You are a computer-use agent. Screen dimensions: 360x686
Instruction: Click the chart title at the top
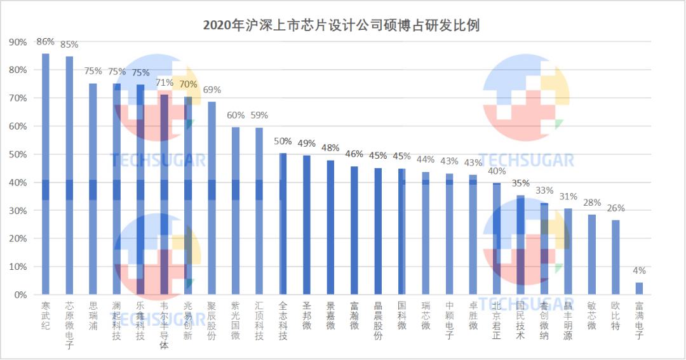[341, 25]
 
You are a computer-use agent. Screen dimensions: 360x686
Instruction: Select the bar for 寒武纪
[46, 175]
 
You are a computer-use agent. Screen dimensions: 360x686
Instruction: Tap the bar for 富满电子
[639, 289]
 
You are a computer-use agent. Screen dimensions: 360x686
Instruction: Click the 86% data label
[46, 42]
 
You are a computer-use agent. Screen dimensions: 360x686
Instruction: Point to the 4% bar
[639, 289]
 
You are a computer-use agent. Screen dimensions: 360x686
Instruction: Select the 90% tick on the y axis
[18, 42]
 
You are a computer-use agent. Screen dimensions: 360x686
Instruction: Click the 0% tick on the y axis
[20, 295]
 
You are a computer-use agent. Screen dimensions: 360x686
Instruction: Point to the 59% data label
[259, 116]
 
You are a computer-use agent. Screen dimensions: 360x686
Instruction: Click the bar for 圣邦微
[307, 225]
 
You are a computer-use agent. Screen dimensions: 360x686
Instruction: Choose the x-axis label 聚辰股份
[212, 320]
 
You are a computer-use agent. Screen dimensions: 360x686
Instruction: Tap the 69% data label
[212, 90]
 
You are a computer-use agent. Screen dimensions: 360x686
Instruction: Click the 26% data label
[615, 208]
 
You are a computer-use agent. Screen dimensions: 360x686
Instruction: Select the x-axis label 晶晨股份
[378, 320]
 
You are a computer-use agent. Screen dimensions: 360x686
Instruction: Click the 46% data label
[354, 154]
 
